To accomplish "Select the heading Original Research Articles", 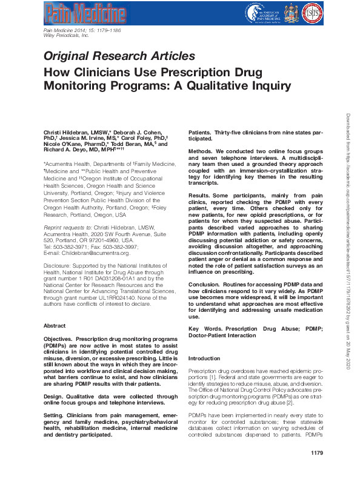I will click(x=119, y=56).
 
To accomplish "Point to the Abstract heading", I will click(x=55, y=325).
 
